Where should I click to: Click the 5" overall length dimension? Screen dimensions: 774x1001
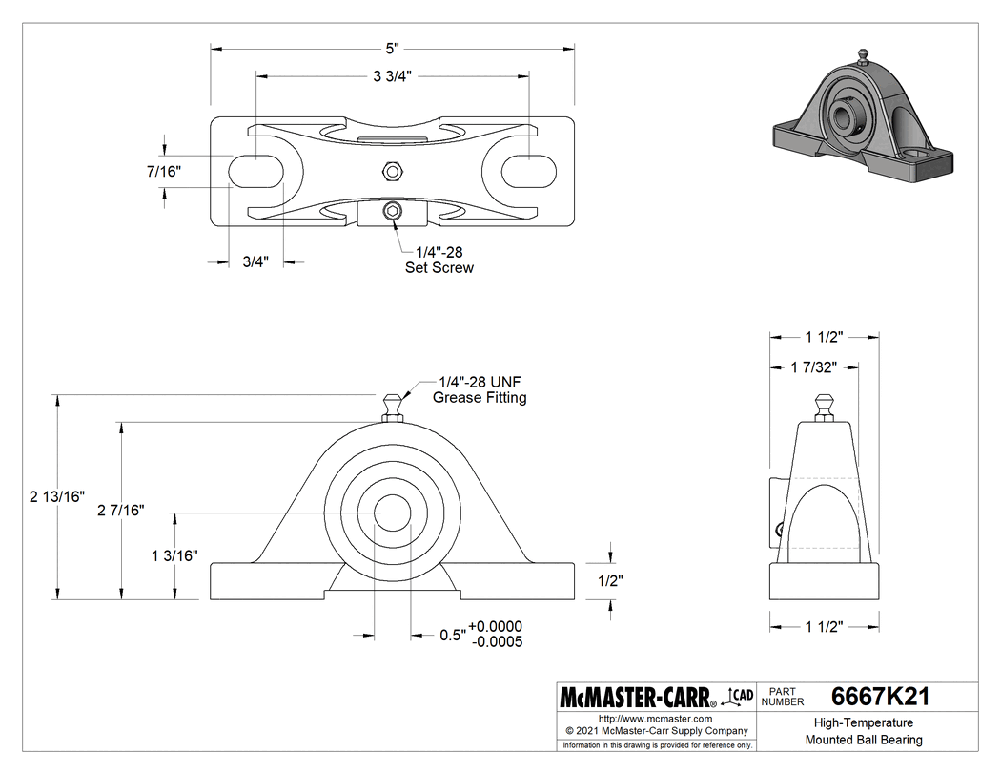pyautogui.click(x=392, y=47)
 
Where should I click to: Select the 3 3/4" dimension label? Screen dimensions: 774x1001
pyautogui.click(x=392, y=75)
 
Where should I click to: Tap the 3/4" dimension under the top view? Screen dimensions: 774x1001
pyautogui.click(x=255, y=261)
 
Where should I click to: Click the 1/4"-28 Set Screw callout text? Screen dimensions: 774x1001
pyautogui.click(x=439, y=260)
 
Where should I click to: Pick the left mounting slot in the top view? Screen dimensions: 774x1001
pyautogui.click(x=256, y=171)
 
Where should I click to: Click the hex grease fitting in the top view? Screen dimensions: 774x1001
pyautogui.click(x=391, y=171)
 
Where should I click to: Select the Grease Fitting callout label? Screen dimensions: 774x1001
pyautogui.click(x=479, y=389)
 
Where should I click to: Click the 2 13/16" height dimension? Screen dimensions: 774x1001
pyautogui.click(x=57, y=496)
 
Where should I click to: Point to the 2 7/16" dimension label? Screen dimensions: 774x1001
pyautogui.click(x=121, y=511)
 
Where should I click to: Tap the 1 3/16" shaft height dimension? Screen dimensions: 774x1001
pyautogui.click(x=174, y=555)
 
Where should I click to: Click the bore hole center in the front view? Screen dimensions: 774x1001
pyautogui.click(x=392, y=512)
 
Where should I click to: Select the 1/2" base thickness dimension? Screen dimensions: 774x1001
pyautogui.click(x=610, y=579)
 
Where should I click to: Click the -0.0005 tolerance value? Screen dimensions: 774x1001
pyautogui.click(x=497, y=641)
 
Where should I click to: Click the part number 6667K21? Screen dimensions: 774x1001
pyautogui.click(x=879, y=697)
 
